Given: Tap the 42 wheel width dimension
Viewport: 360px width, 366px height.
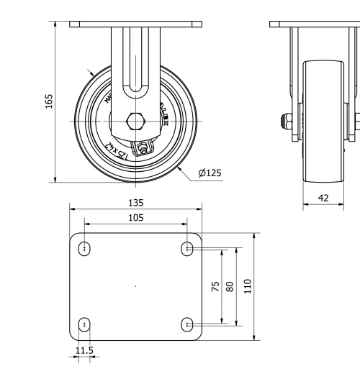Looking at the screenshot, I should tap(324, 196).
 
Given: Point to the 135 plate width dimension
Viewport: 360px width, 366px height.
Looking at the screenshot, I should tap(135, 203).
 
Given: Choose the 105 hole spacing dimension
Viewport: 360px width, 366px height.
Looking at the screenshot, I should tap(135, 217).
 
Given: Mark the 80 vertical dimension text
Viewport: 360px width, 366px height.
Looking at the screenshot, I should tap(230, 286).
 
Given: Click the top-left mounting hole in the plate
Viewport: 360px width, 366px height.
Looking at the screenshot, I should tap(86, 249).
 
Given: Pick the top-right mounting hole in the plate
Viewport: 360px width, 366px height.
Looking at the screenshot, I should tap(188, 249).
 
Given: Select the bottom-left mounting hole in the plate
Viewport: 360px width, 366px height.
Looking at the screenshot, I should tap(86, 324).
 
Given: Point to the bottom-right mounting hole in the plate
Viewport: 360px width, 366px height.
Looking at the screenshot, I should tap(188, 324).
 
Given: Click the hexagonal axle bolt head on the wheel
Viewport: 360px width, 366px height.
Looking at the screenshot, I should tap(135, 120).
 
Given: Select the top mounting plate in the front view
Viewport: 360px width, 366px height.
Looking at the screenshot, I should tap(135, 24).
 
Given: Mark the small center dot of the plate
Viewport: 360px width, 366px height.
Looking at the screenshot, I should tap(136, 286).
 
